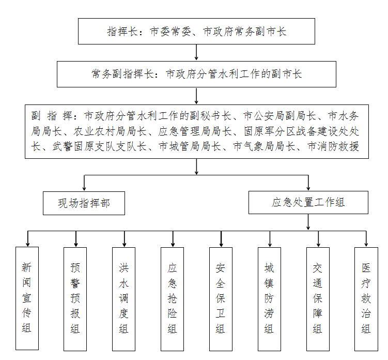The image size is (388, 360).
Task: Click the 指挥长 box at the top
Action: tap(196, 32)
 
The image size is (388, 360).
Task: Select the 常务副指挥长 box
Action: tap(196, 74)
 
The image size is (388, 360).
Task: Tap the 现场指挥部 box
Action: tap(84, 203)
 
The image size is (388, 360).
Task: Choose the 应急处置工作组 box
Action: tap(308, 202)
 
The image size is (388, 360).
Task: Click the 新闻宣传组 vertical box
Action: tap(27, 297)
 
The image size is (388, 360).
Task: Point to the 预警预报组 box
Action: tap(75, 297)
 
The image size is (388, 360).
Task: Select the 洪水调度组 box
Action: tap(124, 297)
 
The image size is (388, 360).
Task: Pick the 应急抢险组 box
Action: tap(173, 297)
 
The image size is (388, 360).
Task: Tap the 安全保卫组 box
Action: tap(221, 297)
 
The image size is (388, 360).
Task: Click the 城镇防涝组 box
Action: tap(269, 297)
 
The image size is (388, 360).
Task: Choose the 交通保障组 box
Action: tap(318, 297)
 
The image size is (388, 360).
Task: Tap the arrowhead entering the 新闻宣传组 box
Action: tap(27, 243)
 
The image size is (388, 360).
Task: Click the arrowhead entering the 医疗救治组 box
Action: tap(366, 243)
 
